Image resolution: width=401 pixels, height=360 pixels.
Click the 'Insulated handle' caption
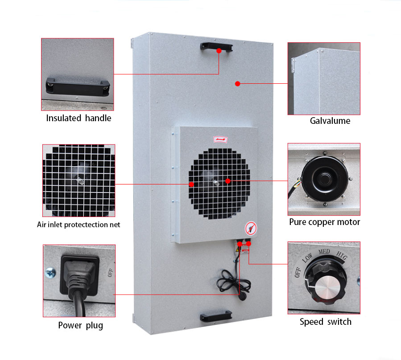pyautogui.click(x=79, y=118)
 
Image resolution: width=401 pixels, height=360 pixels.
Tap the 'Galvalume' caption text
pyautogui.click(x=330, y=121)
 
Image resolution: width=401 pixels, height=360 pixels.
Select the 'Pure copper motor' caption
pyautogui.click(x=324, y=222)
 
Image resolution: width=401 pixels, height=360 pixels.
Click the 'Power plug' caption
pyautogui.click(x=80, y=325)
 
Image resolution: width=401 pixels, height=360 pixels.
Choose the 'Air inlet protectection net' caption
pyautogui.click(x=79, y=225)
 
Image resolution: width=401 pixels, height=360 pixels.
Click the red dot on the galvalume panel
pyautogui.click(x=238, y=83)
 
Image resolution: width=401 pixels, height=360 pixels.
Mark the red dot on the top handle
pyautogui.click(x=219, y=51)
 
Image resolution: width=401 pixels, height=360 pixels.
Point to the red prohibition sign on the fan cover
pyautogui.click(x=250, y=229)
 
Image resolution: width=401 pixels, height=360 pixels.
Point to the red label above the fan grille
pyautogui.click(x=219, y=139)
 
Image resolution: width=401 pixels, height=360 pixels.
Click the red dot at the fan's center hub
pyautogui.click(x=227, y=181)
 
